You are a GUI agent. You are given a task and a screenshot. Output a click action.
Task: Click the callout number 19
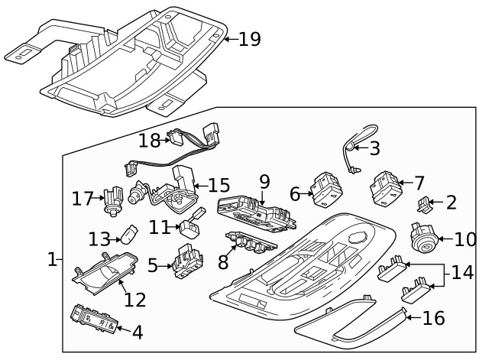249,39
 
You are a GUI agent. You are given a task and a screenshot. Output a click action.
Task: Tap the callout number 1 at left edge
51,260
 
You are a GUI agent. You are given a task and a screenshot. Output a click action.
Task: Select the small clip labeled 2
426,203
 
